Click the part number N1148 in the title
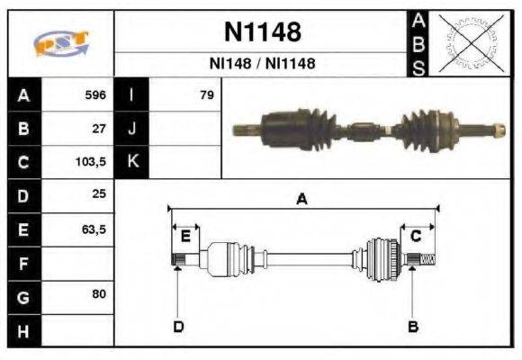[262, 33]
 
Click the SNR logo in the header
[60, 44]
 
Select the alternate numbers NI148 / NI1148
[262, 64]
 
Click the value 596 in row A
[94, 94]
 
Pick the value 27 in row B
[98, 129]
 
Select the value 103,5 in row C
[92, 163]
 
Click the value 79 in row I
[206, 94]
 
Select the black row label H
[23, 330]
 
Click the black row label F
[23, 264]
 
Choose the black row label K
[131, 163]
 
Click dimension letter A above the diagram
[302, 200]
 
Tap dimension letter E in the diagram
[185, 236]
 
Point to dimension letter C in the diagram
[416, 236]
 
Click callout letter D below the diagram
[177, 326]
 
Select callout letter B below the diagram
[413, 326]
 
